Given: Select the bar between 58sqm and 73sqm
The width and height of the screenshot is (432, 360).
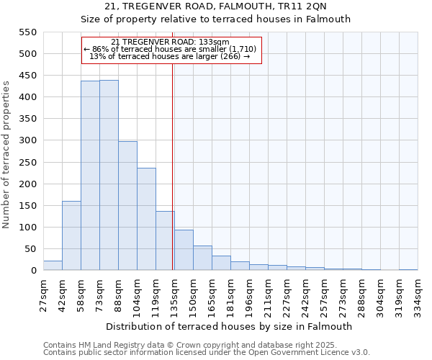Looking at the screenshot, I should [x=90, y=176].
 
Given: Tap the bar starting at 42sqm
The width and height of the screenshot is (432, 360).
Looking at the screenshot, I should [x=71, y=235].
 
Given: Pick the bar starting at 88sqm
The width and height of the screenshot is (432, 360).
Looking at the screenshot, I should [x=127, y=206].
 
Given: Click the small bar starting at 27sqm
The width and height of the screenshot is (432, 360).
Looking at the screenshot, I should [x=53, y=266].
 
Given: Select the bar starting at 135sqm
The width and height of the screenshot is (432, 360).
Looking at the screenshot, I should [x=184, y=250].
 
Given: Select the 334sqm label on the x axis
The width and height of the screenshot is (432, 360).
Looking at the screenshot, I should [x=418, y=294].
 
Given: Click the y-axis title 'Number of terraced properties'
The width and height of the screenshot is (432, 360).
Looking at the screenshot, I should [x=6, y=155].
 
